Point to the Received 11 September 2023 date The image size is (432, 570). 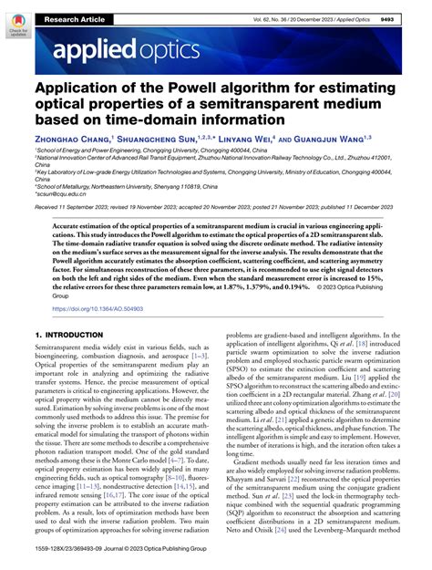pyautogui.click(x=77, y=208)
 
